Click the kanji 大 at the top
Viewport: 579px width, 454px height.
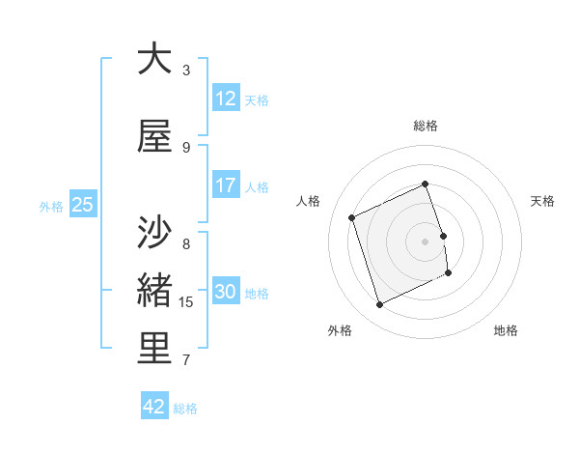click(x=154, y=59)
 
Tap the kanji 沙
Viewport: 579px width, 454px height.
click(x=154, y=233)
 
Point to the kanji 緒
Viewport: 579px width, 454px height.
click(x=154, y=292)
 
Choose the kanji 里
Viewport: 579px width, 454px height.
click(x=154, y=350)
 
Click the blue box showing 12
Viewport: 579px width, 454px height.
click(x=226, y=99)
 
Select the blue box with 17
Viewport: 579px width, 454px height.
click(x=226, y=185)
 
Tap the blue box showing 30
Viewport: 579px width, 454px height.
click(x=226, y=292)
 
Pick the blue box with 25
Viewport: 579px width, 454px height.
click(x=82, y=205)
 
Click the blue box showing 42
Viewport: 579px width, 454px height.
click(x=154, y=407)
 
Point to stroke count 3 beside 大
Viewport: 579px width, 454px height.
click(x=186, y=71)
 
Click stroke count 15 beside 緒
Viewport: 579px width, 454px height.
click(x=186, y=302)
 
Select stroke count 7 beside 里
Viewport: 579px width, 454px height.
click(x=186, y=360)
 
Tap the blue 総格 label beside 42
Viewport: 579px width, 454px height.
click(x=185, y=409)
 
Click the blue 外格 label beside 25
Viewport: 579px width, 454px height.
click(x=50, y=207)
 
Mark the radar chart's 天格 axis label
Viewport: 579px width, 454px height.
click(x=542, y=201)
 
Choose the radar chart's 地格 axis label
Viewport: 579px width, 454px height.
click(x=506, y=330)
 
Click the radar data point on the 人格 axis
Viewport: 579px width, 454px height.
click(x=352, y=217)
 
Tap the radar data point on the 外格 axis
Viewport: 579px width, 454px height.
click(x=379, y=305)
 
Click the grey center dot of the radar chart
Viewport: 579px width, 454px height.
click(x=425, y=241)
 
